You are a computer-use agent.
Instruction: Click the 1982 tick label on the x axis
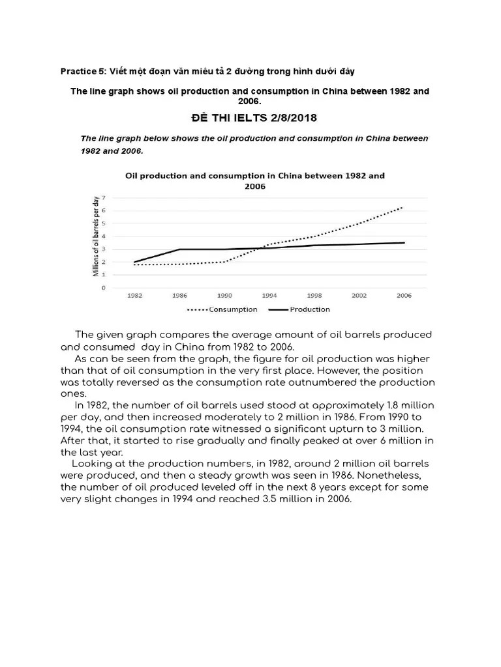click(135, 295)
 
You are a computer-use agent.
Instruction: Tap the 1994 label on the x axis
click(269, 295)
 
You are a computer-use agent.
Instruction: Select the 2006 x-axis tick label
click(403, 295)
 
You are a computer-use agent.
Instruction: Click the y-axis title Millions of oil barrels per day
click(96, 236)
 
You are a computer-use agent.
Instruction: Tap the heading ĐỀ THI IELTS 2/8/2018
click(250, 118)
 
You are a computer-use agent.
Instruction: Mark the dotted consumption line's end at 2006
click(402, 207)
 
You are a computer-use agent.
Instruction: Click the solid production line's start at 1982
click(135, 262)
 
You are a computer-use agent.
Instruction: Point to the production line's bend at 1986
click(179, 249)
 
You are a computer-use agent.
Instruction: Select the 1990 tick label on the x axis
click(224, 295)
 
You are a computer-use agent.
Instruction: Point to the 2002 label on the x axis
click(359, 295)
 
